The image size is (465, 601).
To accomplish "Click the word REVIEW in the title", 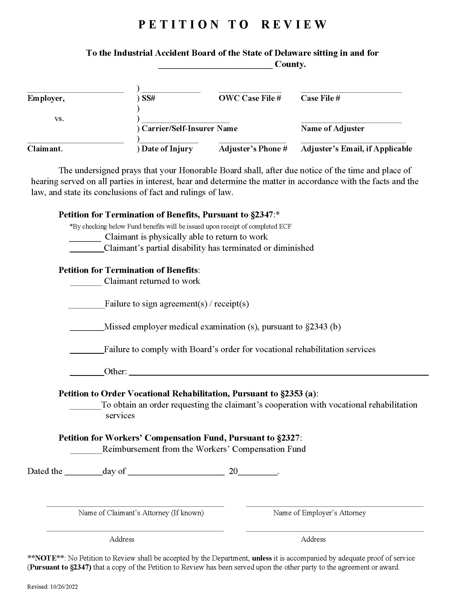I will point(294,25).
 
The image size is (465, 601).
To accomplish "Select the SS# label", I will point(149,98).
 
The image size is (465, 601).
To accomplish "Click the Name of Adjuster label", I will point(333,128).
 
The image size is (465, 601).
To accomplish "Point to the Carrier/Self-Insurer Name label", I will point(190,128).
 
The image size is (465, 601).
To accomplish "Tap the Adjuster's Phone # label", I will point(253,149).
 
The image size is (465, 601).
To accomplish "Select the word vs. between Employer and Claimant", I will point(59,119).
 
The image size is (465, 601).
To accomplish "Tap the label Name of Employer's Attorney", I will point(319,513).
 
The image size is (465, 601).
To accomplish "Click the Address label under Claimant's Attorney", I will point(122,539).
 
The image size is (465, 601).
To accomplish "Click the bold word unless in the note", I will point(262,558).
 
